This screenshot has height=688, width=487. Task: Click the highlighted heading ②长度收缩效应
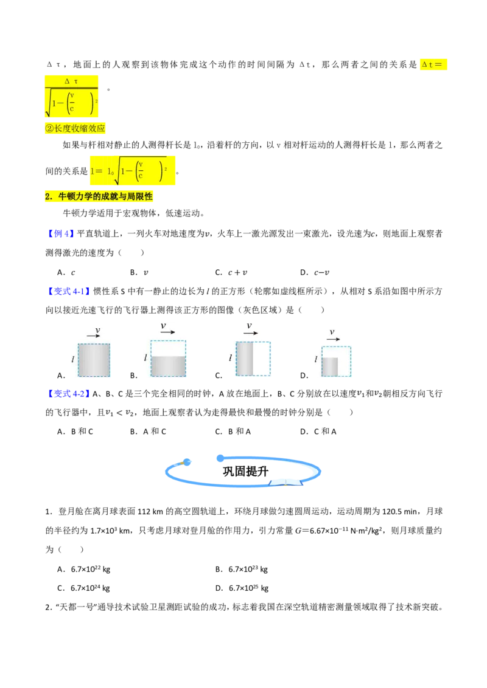[75, 129]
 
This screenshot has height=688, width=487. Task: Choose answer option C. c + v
[231, 272]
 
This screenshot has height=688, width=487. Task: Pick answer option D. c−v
[315, 272]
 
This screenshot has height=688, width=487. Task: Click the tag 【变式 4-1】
[68, 291]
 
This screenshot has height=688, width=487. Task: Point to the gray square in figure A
[94, 360]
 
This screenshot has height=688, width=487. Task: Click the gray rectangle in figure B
[169, 366]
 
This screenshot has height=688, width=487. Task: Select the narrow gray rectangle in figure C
[245, 359]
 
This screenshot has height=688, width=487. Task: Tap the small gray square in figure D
[330, 367]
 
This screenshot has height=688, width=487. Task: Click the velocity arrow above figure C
[251, 333]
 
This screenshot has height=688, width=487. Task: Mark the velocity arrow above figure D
[333, 339]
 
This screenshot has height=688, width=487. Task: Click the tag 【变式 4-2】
[68, 394]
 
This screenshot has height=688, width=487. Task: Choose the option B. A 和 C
[148, 432]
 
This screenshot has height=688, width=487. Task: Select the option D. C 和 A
[318, 432]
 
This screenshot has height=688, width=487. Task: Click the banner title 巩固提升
[245, 472]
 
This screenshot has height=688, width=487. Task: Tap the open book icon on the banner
[286, 483]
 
